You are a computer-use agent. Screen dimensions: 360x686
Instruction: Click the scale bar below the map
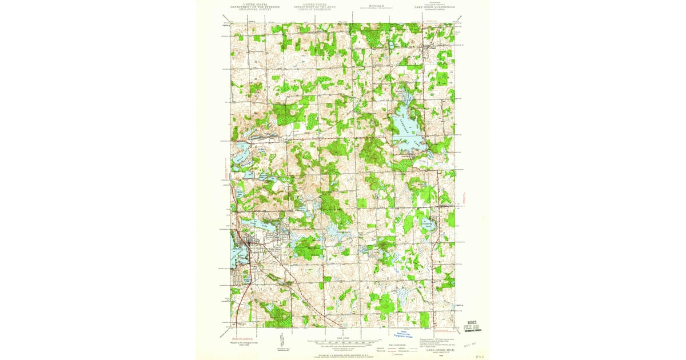click(343, 344)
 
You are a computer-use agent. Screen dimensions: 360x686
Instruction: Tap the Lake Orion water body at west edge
click(234, 246)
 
